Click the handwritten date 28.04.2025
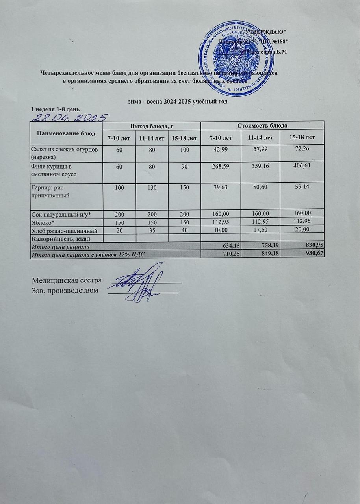pos(70,117)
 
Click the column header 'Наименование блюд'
pos(66,133)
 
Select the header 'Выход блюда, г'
pos(152,126)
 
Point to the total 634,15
pos(230,246)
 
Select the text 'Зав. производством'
pos(65,291)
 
